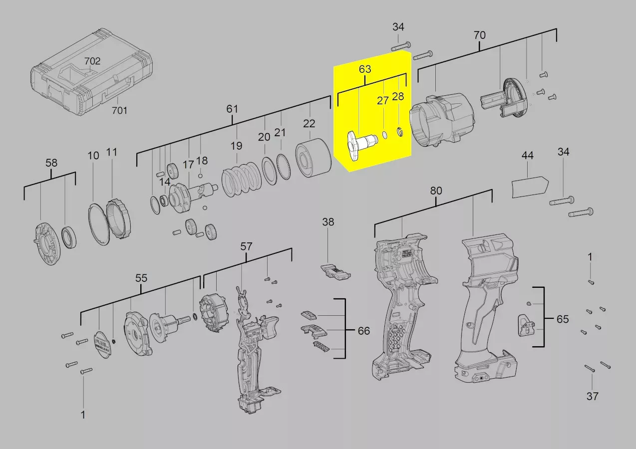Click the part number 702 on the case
point(92,61)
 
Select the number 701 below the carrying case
point(119,110)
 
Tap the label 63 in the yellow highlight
point(365,69)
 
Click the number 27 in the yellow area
point(383,100)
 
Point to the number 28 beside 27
point(398,96)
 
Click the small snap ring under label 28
point(400,132)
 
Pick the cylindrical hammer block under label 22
point(313,158)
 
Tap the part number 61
point(232,109)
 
